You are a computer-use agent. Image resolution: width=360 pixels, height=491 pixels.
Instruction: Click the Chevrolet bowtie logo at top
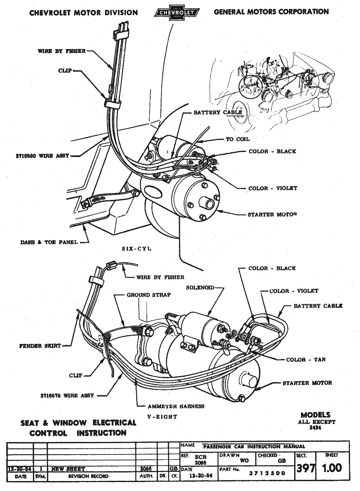click(176, 13)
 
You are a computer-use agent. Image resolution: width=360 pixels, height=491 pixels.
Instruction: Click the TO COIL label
click(238, 139)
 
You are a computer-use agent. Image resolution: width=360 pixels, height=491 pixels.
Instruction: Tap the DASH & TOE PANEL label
click(49, 242)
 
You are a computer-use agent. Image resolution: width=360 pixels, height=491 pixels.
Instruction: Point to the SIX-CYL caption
click(137, 249)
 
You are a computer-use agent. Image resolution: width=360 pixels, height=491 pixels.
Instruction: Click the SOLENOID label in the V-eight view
click(200, 287)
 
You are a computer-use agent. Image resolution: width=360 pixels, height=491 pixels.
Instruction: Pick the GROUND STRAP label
click(149, 295)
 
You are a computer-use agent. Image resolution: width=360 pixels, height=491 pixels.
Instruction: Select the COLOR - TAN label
click(306, 360)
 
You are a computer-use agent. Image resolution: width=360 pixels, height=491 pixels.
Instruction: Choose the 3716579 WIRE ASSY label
click(67, 395)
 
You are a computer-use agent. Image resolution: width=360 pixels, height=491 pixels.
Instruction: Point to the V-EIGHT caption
click(163, 417)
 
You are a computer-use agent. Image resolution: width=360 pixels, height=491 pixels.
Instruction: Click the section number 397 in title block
click(305, 468)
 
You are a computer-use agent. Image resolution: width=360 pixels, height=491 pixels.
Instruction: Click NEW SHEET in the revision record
click(68, 469)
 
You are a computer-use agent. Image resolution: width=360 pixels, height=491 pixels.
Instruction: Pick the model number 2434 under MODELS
click(315, 428)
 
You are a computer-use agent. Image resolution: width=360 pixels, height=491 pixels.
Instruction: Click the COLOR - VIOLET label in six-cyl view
click(273, 188)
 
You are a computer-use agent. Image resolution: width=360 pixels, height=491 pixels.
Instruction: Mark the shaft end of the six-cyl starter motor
click(208, 204)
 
